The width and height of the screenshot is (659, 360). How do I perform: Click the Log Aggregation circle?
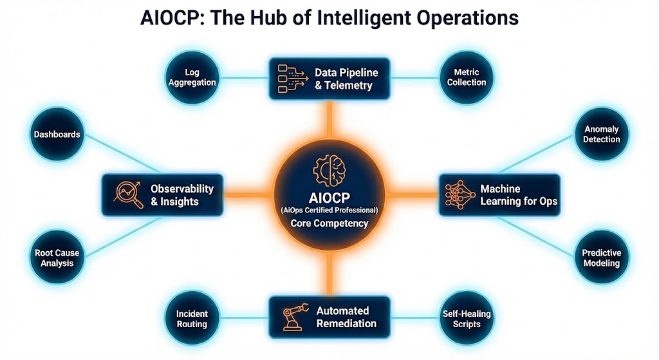[192, 78]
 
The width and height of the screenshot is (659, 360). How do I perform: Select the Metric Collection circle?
[467, 78]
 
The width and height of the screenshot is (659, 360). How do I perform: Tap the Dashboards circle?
[57, 134]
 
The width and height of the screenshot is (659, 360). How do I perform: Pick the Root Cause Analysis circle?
[57, 258]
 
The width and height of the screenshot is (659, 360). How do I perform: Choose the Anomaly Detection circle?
[602, 134]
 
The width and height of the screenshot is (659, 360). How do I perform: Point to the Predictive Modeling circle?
[602, 258]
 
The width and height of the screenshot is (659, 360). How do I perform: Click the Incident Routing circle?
[192, 319]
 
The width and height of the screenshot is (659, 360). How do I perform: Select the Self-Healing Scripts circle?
[467, 319]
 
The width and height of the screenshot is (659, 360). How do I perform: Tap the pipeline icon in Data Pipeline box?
[293, 79]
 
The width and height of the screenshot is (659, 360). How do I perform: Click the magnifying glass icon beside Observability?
[129, 194]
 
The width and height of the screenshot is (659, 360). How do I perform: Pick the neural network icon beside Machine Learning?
[459, 195]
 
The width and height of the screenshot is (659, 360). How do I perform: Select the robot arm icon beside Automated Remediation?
[295, 317]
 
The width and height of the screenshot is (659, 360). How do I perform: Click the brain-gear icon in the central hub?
[329, 171]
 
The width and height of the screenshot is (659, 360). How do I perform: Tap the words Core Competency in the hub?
[329, 223]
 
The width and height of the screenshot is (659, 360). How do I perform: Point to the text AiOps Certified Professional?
[329, 211]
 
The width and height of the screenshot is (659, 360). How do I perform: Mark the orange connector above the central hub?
[329, 120]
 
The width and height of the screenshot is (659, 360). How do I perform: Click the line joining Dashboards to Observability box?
[122, 154]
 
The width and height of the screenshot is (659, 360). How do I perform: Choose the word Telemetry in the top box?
[348, 86]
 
